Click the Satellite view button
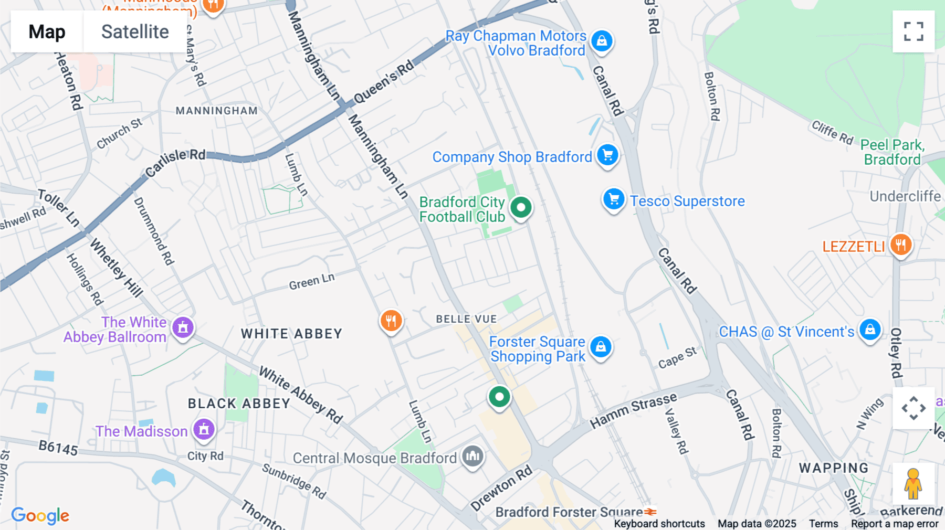(x=135, y=32)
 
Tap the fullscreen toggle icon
(x=913, y=31)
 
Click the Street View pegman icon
(x=913, y=483)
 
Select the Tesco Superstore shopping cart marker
(x=613, y=199)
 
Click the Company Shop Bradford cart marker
(x=607, y=155)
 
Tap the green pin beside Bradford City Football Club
(x=521, y=207)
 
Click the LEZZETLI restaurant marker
(x=901, y=245)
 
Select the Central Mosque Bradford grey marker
(x=472, y=456)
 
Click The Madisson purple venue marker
(x=204, y=430)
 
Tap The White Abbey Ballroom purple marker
(x=183, y=327)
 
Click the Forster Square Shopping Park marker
(x=601, y=347)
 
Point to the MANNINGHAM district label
(x=216, y=111)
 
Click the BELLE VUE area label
(x=466, y=319)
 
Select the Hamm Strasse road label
(x=633, y=411)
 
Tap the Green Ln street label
(x=311, y=281)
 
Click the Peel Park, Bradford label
(x=892, y=152)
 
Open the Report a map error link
(x=895, y=524)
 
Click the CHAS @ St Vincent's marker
(x=869, y=330)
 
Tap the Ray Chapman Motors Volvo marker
(x=602, y=40)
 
